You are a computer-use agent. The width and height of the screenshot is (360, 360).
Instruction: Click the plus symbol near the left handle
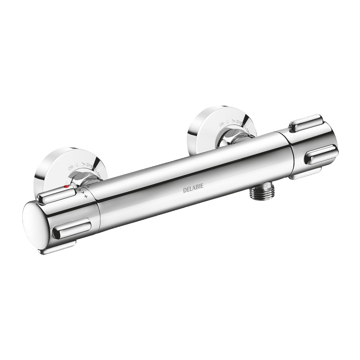pos(85,196)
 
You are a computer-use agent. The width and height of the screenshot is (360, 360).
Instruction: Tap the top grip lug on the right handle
pos(306,123)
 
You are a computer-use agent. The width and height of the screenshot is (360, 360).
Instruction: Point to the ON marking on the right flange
pos(222,124)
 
